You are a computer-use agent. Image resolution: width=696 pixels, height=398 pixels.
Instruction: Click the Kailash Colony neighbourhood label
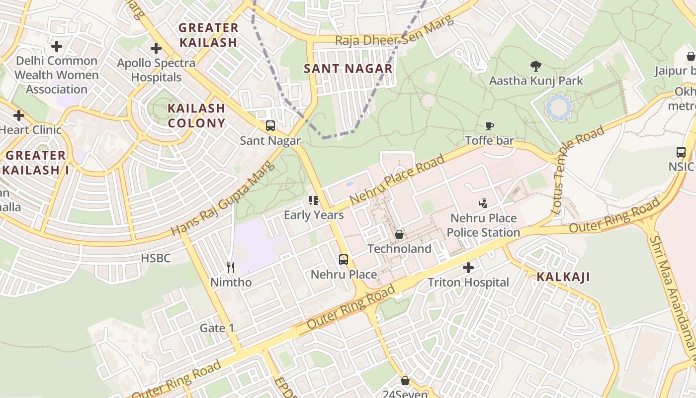click(x=196, y=115)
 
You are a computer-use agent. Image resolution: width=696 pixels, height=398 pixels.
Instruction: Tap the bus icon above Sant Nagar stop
click(x=270, y=126)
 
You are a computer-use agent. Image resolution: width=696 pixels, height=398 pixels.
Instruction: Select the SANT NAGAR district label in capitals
click(x=348, y=69)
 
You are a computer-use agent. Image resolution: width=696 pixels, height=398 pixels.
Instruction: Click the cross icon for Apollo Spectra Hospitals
click(x=156, y=48)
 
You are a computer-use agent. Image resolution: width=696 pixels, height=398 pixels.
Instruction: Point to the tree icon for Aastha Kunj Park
click(x=535, y=66)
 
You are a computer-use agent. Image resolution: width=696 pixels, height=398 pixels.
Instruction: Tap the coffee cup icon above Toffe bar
click(x=490, y=126)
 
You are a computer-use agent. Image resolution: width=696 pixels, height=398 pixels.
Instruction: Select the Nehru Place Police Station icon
click(x=483, y=203)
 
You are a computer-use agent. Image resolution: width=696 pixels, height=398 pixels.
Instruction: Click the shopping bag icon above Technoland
click(x=399, y=234)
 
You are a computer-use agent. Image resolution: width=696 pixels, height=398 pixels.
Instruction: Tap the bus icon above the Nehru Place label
click(x=344, y=259)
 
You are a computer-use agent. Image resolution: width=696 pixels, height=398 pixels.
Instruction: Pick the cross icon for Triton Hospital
click(x=468, y=268)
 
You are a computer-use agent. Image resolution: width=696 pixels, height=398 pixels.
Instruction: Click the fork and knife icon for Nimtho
click(x=231, y=268)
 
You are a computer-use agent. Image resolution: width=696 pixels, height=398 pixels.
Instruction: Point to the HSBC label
click(x=156, y=258)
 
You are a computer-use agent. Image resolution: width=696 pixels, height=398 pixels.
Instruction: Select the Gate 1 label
click(x=217, y=328)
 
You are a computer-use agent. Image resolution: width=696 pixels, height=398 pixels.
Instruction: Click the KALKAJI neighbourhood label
click(x=563, y=277)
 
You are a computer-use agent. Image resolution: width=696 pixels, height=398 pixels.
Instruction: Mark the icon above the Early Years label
click(x=313, y=200)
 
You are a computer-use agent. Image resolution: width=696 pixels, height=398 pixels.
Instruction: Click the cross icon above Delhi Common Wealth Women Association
click(x=57, y=46)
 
